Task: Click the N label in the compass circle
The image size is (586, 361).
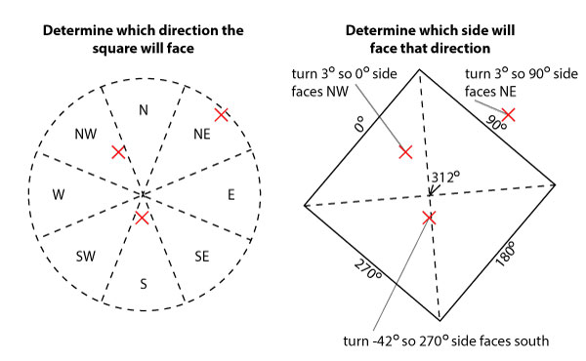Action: [x=144, y=110]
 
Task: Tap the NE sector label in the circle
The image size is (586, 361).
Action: [x=203, y=134]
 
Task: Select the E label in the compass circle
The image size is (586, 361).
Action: [x=230, y=195]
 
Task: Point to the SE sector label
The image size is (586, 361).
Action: [x=202, y=257]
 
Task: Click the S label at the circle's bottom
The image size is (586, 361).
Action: [x=144, y=283]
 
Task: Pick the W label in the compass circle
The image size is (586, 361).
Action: [x=59, y=195]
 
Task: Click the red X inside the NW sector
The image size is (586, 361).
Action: [x=118, y=152]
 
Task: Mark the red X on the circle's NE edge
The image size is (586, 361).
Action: [x=222, y=115]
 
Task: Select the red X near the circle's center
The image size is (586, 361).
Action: [x=143, y=217]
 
